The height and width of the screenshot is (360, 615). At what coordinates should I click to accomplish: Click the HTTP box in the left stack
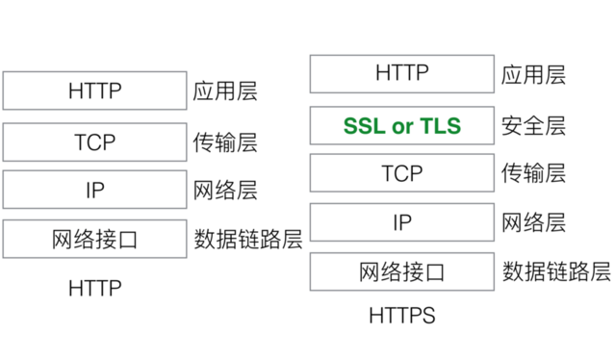[94, 91]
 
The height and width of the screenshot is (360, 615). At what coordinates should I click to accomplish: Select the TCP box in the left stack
[94, 141]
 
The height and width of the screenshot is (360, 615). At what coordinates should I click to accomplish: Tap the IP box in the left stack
[94, 191]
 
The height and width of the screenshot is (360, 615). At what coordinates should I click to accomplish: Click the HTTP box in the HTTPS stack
[401, 73]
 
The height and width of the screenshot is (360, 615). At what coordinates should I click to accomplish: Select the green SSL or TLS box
[401, 125]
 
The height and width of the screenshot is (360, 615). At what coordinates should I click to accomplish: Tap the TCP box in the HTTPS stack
[401, 173]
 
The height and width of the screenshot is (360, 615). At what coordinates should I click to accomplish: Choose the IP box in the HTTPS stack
[401, 222]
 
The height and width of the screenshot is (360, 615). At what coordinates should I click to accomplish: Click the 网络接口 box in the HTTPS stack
[401, 271]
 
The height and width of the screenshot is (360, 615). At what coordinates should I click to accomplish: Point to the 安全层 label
[533, 125]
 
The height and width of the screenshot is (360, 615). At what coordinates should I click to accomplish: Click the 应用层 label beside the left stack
[225, 91]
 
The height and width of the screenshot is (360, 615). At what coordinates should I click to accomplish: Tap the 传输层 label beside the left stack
[225, 141]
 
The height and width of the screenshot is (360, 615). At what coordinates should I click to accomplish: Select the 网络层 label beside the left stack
[225, 191]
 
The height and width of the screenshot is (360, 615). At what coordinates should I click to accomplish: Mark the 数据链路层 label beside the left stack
[248, 240]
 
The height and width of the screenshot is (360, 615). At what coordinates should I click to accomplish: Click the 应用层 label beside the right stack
[533, 74]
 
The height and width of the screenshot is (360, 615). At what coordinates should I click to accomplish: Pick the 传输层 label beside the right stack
[533, 173]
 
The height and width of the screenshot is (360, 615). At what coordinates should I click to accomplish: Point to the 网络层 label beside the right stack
[533, 222]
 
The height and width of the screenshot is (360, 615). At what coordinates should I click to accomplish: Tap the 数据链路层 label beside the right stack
[556, 271]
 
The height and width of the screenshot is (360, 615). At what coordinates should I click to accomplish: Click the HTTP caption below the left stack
[94, 288]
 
